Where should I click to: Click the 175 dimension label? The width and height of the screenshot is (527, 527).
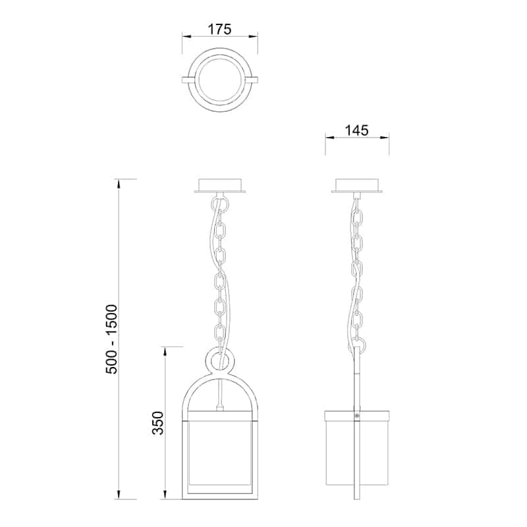coord(220,29)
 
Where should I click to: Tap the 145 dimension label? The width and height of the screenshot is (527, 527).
coord(356,130)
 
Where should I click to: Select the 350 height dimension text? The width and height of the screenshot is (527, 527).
coord(157,423)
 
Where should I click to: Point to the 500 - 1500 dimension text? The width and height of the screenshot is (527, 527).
coord(111,339)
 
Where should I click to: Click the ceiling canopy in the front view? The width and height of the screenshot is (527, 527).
coord(220,186)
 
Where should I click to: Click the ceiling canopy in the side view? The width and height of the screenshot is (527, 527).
coord(356,186)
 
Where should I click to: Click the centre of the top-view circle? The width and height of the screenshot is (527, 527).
coord(220,80)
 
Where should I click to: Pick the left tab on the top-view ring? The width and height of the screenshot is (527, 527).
coord(188,80)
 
